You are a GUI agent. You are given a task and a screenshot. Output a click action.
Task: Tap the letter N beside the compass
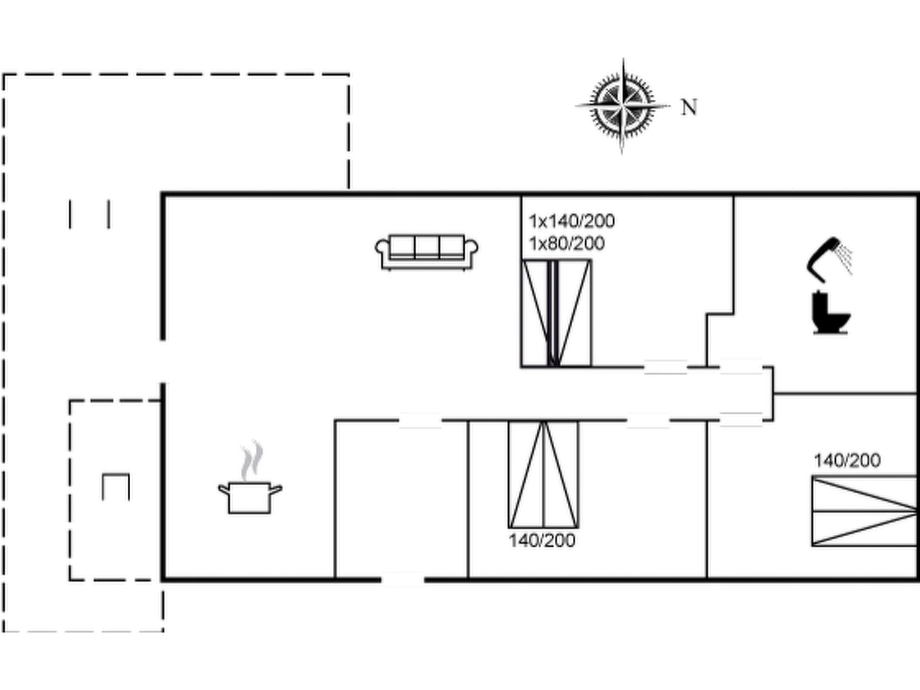(689, 107)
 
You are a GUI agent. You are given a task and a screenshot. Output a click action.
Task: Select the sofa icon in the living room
(427, 252)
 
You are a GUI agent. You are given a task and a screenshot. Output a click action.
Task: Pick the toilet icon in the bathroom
(831, 313)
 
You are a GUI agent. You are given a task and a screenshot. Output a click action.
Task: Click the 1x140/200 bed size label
(571, 221)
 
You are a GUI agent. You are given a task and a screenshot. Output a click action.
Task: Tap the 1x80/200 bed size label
(566, 243)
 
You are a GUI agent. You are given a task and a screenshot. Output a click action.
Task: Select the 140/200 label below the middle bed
(542, 540)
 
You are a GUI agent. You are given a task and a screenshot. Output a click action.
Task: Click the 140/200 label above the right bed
(847, 460)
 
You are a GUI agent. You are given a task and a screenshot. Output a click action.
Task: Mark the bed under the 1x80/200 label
(557, 314)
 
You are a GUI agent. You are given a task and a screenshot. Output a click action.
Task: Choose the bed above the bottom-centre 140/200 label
(544, 474)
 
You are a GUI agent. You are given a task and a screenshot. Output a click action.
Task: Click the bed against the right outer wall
(864, 511)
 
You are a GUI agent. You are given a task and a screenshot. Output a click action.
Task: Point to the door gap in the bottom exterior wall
(402, 579)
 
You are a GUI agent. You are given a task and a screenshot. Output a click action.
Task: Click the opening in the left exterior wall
(163, 362)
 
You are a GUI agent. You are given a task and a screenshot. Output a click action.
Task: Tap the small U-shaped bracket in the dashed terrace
(116, 487)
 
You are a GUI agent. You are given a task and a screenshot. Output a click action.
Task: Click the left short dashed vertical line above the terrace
(70, 214)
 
